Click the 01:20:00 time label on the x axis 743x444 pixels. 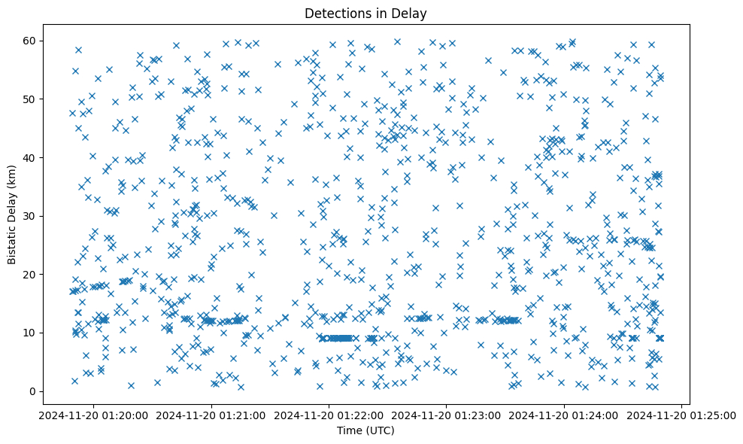(93, 415)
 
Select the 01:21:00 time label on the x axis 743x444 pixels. (211, 415)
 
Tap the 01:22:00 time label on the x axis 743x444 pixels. (329, 415)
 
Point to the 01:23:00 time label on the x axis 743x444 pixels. (447, 415)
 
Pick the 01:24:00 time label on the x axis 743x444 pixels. (564, 415)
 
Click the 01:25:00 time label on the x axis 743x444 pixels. (682, 415)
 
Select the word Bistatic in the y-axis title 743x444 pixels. (12, 241)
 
